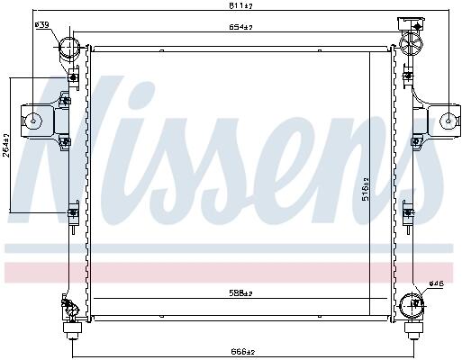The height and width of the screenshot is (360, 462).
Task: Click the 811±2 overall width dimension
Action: point(240,5)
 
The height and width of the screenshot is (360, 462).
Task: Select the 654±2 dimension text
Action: point(240,27)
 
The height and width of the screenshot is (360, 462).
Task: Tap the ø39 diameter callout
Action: point(42,24)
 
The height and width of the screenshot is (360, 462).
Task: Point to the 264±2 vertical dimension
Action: point(6,145)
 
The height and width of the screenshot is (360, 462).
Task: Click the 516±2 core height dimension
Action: point(366,189)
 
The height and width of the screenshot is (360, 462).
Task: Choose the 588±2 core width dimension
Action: point(240,292)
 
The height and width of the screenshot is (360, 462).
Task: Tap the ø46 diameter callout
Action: point(436,283)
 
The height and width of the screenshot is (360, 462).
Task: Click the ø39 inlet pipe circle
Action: point(69,47)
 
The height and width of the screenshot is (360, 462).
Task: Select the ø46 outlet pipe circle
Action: point(412,306)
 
